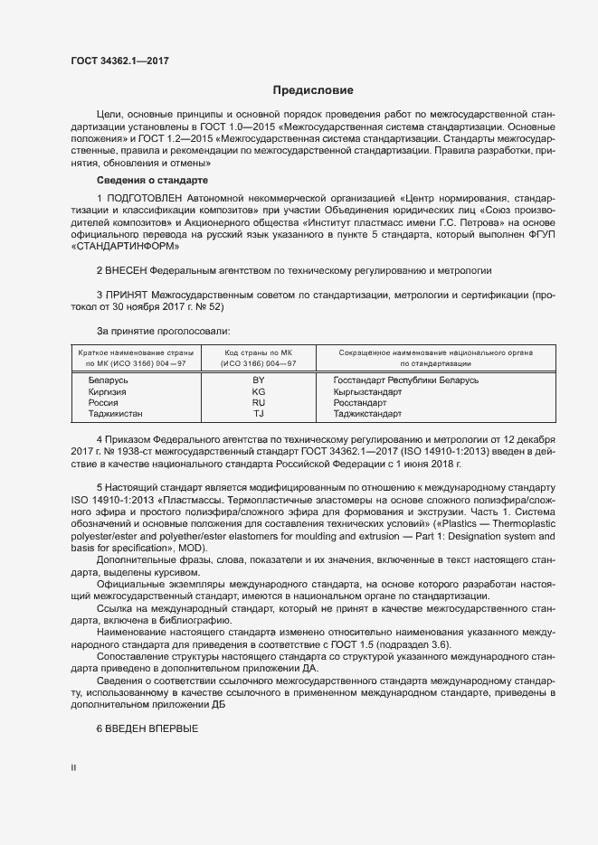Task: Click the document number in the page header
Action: [x=119, y=61]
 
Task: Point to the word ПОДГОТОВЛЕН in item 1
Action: [x=144, y=198]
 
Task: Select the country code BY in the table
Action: [x=258, y=380]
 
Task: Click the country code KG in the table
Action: [x=258, y=391]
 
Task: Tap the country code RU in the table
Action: [x=258, y=402]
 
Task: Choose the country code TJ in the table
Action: [x=258, y=413]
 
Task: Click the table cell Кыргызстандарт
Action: [x=367, y=391]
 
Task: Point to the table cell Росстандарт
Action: [x=359, y=402]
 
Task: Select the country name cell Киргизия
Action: [x=107, y=391]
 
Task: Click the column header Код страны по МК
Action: [x=258, y=351]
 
